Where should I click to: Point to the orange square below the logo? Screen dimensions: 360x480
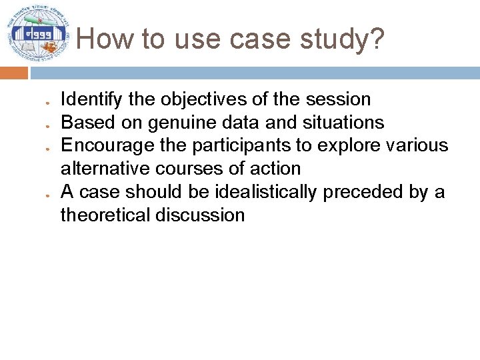tap(14, 72)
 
